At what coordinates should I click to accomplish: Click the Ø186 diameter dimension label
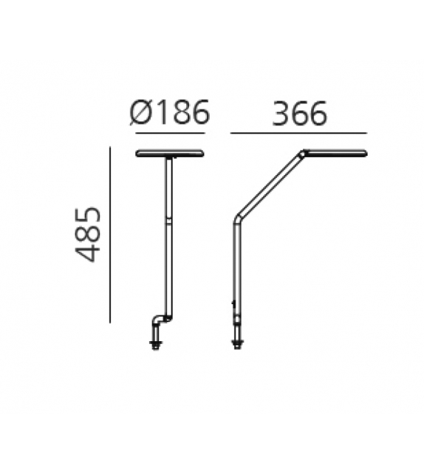point(170,114)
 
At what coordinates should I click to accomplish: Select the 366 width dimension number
point(299,114)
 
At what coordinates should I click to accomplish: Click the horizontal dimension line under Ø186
point(170,133)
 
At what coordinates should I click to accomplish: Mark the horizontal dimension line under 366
point(298,133)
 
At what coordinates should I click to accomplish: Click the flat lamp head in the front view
point(170,154)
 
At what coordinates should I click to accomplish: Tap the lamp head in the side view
point(336,154)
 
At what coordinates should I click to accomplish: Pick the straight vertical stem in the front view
point(169,236)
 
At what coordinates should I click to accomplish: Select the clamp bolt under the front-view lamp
point(156,341)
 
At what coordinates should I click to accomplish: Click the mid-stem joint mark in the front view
point(169,220)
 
